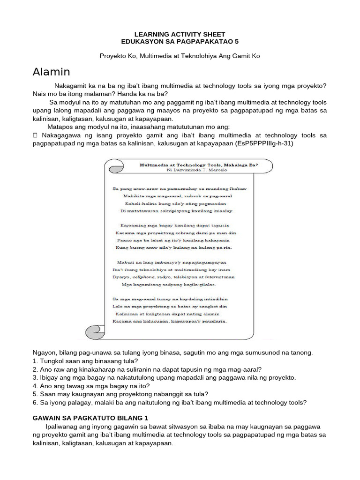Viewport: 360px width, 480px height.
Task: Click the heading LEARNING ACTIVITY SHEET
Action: (x=180, y=34)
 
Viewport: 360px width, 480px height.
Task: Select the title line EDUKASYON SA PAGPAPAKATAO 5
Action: (x=180, y=42)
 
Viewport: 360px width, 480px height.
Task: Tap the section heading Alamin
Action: (x=52, y=72)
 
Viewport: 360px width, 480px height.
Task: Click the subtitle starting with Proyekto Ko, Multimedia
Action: (x=180, y=56)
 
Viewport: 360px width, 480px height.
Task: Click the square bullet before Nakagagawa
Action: (x=36, y=135)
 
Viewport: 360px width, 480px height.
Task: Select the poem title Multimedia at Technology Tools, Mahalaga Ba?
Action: (x=193, y=165)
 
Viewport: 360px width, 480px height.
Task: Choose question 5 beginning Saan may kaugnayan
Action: (x=120, y=394)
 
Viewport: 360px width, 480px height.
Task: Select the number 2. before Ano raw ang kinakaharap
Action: (x=35, y=369)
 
